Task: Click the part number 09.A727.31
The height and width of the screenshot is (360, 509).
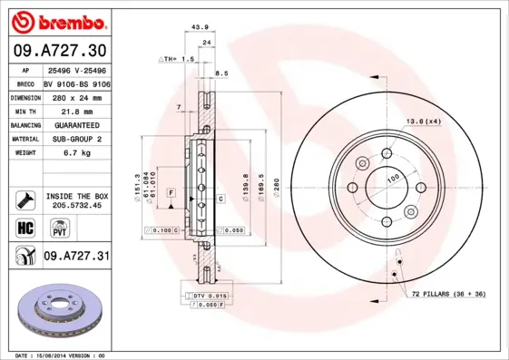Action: (x=76, y=257)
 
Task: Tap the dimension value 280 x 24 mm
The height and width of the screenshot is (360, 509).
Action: (x=76, y=96)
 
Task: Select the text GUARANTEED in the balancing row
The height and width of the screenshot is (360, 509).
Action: (x=76, y=124)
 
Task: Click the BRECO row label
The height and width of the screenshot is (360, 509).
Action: (x=26, y=83)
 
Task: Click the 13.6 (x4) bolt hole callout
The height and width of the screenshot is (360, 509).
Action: (x=423, y=121)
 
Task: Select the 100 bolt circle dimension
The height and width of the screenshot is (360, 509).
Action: (x=393, y=178)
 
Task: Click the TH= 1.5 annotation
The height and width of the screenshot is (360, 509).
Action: (x=179, y=59)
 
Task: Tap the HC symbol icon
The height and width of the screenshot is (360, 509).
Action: (x=25, y=226)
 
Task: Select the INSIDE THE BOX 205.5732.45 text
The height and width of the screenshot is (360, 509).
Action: (x=76, y=200)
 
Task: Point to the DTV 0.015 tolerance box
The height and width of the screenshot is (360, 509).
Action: (x=208, y=297)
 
